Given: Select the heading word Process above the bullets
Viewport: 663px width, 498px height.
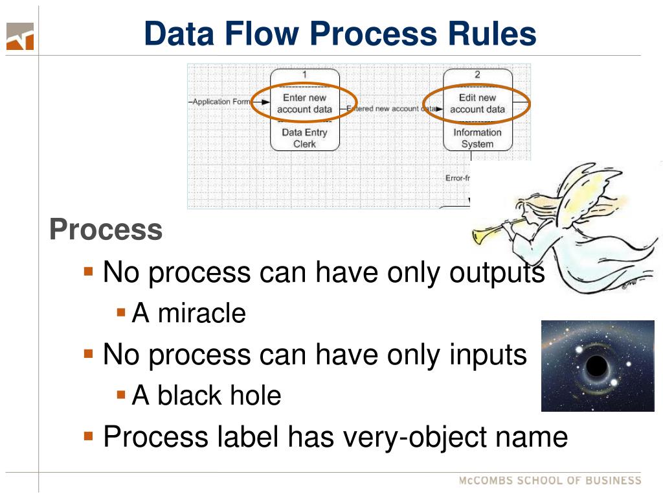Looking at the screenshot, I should tap(106, 230).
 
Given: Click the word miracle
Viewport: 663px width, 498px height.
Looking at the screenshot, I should tap(201, 313).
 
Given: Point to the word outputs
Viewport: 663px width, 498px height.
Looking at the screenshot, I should tap(497, 272).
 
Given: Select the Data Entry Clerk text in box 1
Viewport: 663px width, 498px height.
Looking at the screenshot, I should tap(304, 138).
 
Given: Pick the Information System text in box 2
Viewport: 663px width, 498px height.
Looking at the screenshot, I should tap(477, 138).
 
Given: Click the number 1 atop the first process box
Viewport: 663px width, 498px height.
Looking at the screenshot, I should tap(304, 75).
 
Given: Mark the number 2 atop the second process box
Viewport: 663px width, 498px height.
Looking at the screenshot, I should tap(477, 75).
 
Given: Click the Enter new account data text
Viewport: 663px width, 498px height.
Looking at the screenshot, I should tap(304, 104).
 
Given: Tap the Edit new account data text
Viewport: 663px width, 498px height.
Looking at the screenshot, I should tap(477, 104).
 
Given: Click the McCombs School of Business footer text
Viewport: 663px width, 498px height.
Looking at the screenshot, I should tap(550, 480).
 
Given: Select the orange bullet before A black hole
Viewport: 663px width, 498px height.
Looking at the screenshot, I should tap(120, 394).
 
